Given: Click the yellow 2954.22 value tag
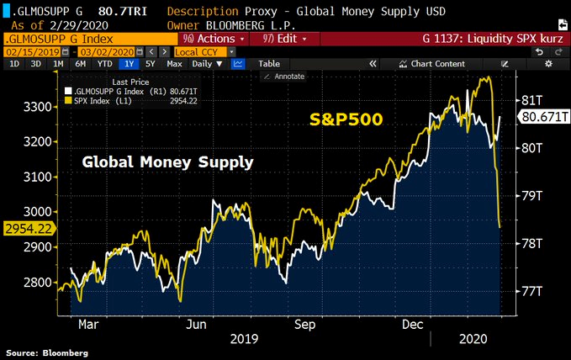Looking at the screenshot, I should (28, 228).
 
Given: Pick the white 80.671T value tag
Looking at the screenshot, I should (543, 118).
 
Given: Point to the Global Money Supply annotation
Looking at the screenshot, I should (167, 161).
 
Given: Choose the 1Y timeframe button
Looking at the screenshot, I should (129, 64).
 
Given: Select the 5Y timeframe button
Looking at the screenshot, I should (150, 64).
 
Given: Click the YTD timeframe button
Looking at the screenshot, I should (105, 64).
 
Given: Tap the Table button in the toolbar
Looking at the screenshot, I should (269, 64).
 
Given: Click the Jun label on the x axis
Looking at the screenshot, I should (196, 323).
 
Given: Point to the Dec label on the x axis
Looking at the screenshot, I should (412, 323).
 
